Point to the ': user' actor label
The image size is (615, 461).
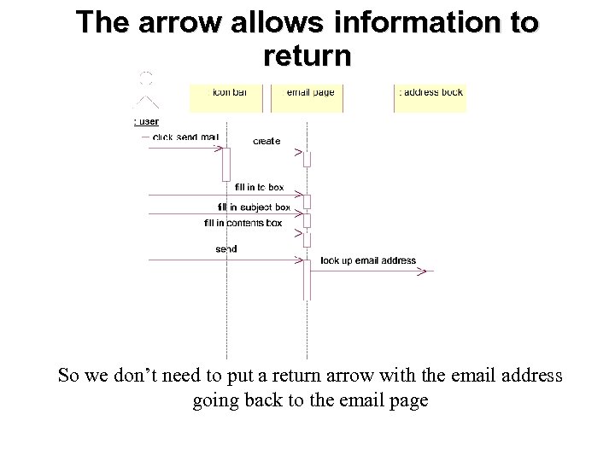(x=147, y=122)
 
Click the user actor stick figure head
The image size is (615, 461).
(x=146, y=79)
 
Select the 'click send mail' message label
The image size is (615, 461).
(x=185, y=137)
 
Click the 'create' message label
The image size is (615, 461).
(x=266, y=141)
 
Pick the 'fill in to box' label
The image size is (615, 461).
(x=259, y=187)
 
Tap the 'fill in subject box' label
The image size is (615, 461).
(x=255, y=207)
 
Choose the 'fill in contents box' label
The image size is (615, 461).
(x=243, y=223)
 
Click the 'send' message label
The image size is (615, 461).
(x=226, y=249)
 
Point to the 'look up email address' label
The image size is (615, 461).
(x=368, y=260)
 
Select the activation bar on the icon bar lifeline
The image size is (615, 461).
(x=226, y=163)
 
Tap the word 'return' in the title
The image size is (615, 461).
(x=307, y=56)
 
